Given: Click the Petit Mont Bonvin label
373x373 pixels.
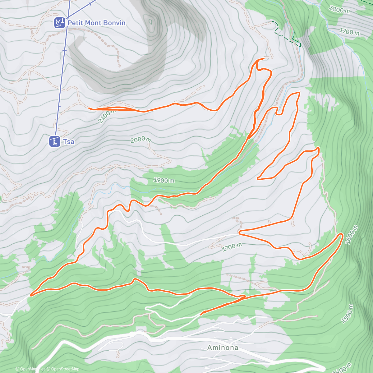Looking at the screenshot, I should point(96,23).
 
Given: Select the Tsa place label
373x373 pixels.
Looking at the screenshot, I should point(69,142).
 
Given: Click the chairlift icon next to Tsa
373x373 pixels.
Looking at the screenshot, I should point(54,141).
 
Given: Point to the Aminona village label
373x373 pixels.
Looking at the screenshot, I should point(223,348).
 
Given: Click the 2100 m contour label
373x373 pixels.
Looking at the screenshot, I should point(106,116).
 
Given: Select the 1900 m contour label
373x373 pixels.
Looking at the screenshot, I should point(164,180).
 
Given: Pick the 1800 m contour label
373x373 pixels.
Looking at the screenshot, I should point(339,10).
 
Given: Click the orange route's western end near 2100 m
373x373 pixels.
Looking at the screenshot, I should point(90,108).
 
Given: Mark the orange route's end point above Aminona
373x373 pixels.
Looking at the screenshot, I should point(201,314).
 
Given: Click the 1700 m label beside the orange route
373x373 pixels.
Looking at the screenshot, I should point(232,247).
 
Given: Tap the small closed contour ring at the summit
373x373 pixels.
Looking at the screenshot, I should point(151,22).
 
